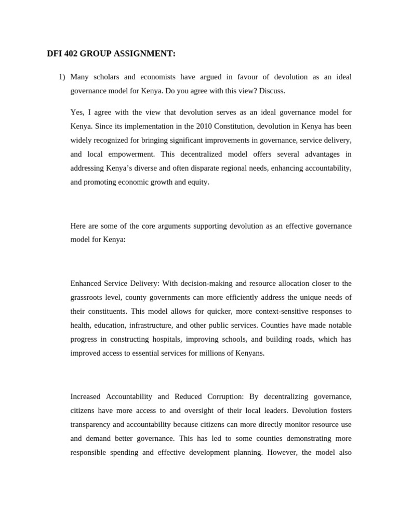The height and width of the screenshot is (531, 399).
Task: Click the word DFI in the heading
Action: (x=54, y=53)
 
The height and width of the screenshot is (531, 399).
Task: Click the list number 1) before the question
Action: (x=62, y=77)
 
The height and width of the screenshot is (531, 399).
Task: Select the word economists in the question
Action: (x=157, y=77)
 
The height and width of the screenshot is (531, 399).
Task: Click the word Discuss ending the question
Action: (x=272, y=91)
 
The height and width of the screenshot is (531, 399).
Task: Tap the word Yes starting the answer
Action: (x=77, y=112)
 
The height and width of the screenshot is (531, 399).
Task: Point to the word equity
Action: (x=196, y=182)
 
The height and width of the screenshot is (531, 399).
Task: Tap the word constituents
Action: (x=107, y=311)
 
